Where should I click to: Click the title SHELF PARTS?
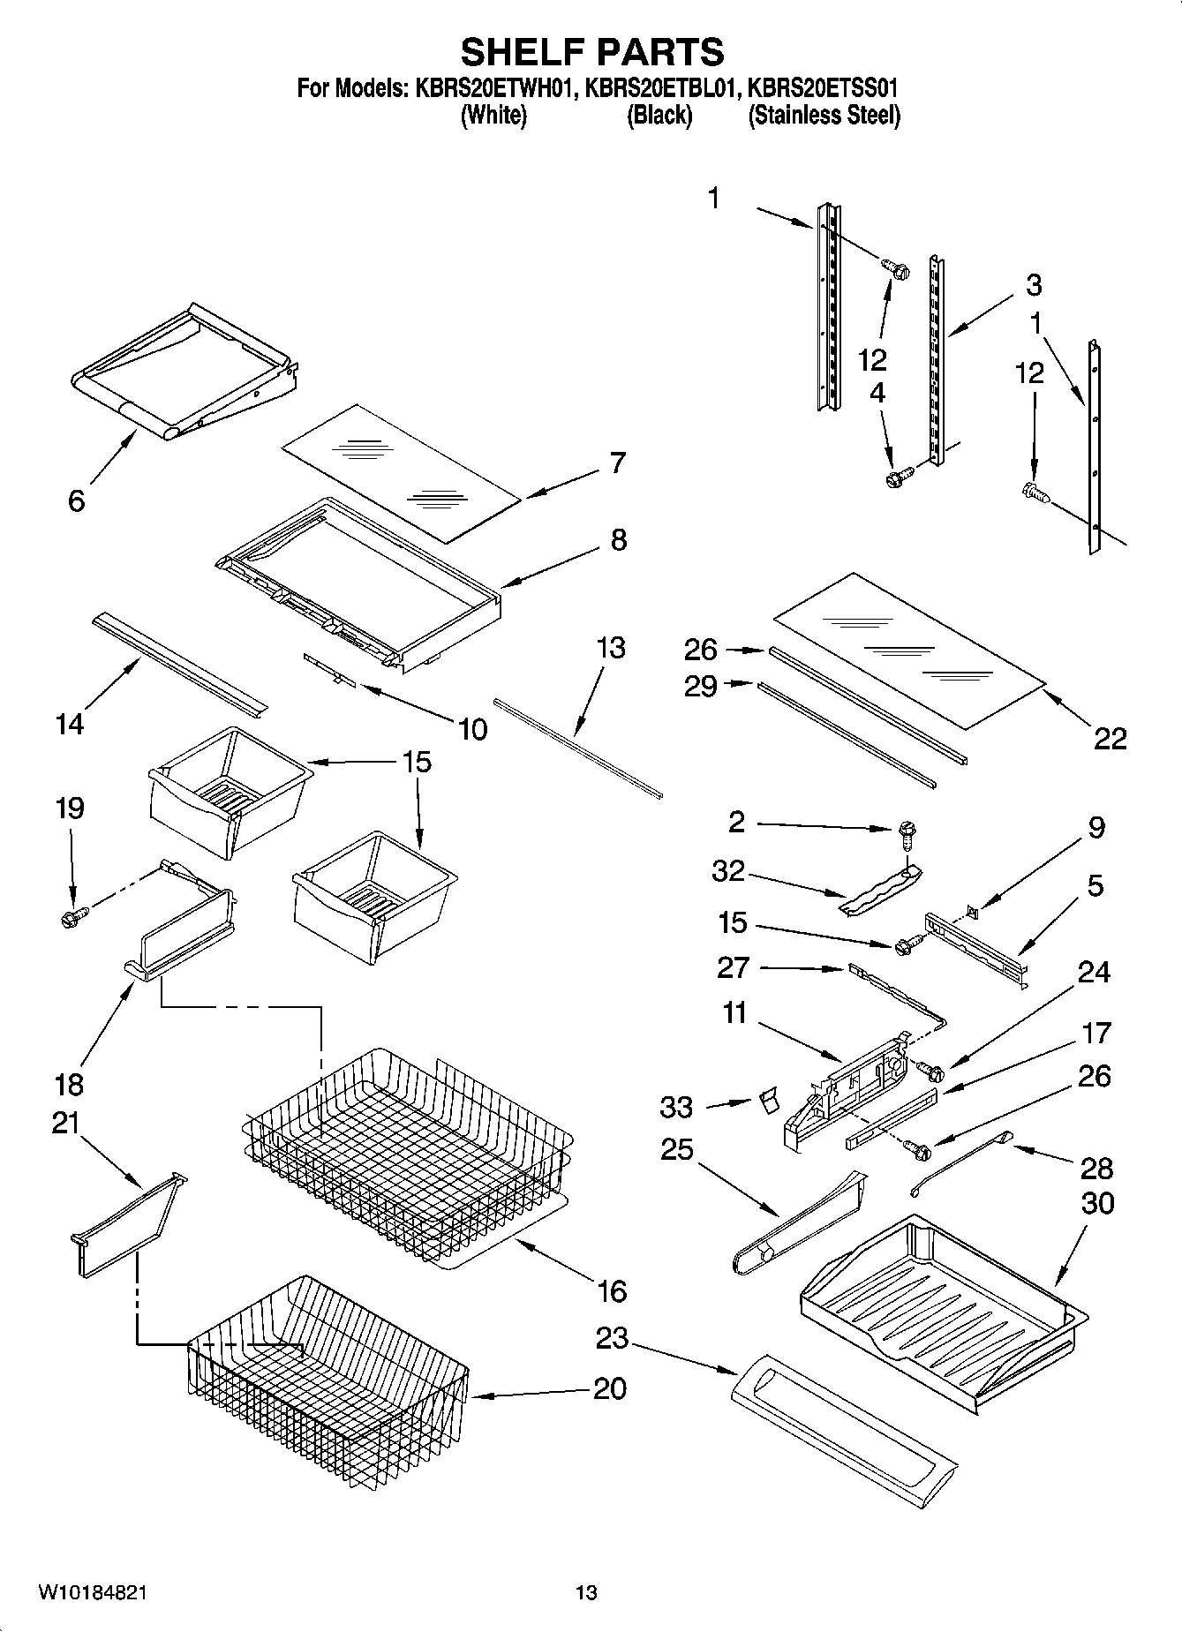[592, 52]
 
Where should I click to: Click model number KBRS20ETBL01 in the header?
[659, 88]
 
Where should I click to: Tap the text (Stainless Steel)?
[824, 116]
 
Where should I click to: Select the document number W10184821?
[92, 1593]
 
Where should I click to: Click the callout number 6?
[77, 500]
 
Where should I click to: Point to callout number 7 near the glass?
[617, 462]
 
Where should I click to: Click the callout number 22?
[1110, 738]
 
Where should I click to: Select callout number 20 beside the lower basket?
[609, 1388]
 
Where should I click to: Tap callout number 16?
[611, 1291]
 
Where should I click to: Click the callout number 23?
[612, 1338]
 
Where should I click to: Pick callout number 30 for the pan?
[1096, 1203]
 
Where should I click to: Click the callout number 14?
[70, 724]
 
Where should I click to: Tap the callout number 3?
[1034, 284]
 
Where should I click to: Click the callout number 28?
[1096, 1168]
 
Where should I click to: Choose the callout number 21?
[66, 1123]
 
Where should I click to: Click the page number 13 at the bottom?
[586, 1593]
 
